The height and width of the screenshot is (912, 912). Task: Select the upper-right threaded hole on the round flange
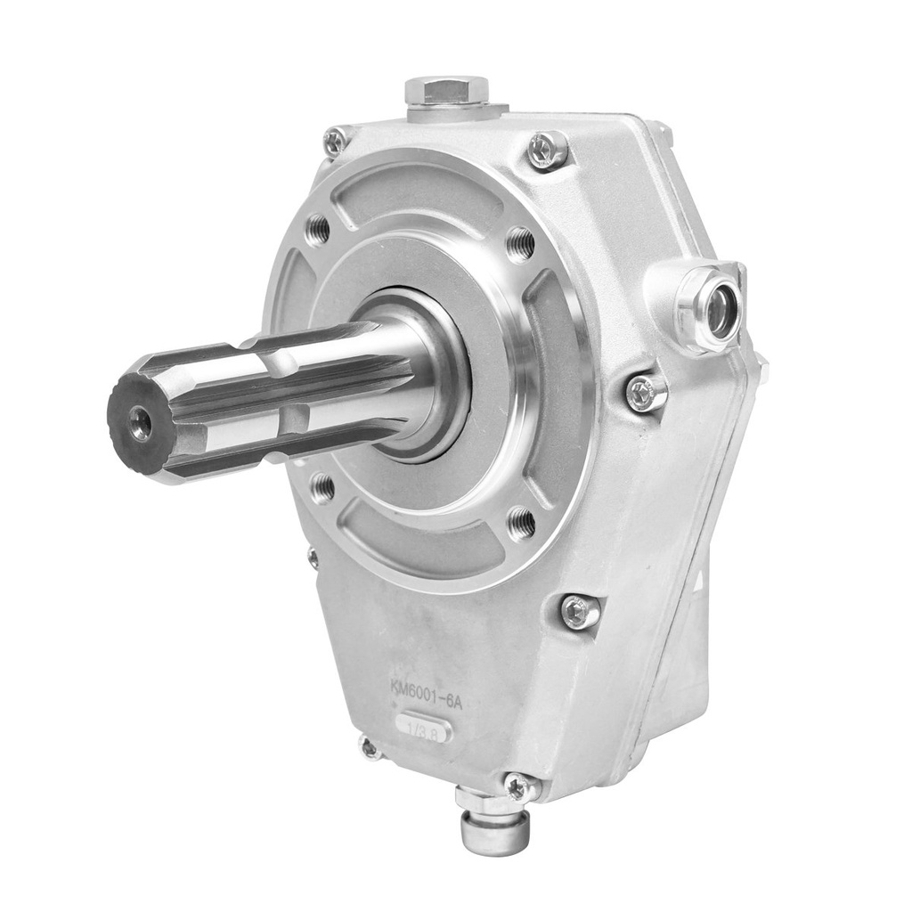pos(520,243)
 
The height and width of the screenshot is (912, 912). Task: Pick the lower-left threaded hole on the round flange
pos(322,487)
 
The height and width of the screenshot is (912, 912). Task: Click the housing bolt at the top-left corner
pos(336,141)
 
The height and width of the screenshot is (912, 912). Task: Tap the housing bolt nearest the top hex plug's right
pos(546,149)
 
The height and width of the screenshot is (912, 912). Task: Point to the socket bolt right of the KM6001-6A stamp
pos(580,612)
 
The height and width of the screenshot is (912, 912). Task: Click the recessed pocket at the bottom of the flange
pos(419,543)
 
